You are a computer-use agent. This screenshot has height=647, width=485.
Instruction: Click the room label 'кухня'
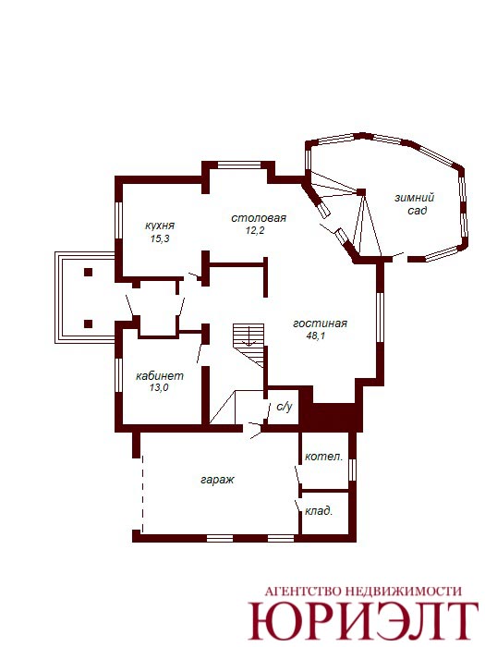pos(160,226)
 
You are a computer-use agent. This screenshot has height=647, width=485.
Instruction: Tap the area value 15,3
pos(160,238)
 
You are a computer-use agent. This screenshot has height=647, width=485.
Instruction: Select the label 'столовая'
pos(259,218)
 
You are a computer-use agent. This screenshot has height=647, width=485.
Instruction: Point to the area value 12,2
pos(255,230)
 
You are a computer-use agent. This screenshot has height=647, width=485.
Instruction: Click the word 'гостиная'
pos(320,323)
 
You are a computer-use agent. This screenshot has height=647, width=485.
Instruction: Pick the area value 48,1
pos(316,336)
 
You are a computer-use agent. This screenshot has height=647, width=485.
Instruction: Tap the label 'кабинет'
pos(160,376)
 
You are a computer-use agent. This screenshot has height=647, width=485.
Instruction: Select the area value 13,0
pos(159,388)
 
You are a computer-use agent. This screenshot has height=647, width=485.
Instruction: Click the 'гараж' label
pos(217,480)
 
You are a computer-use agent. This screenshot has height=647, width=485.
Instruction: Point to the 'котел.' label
pos(323,457)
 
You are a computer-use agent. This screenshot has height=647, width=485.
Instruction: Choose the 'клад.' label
pos(319,511)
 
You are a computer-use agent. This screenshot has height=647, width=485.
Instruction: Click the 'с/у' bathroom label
pos(285,407)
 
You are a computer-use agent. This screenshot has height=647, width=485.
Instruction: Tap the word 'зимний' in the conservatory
pos(414,198)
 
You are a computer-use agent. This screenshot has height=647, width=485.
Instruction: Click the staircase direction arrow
pos(249,335)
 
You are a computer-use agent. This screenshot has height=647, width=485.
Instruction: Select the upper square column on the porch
pos(88,272)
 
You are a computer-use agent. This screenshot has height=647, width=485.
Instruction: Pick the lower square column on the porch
pos(88,323)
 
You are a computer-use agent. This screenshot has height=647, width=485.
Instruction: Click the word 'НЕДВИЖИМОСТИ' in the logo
pos(403,591)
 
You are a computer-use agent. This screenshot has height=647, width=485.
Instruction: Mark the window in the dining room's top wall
pos(239,165)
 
